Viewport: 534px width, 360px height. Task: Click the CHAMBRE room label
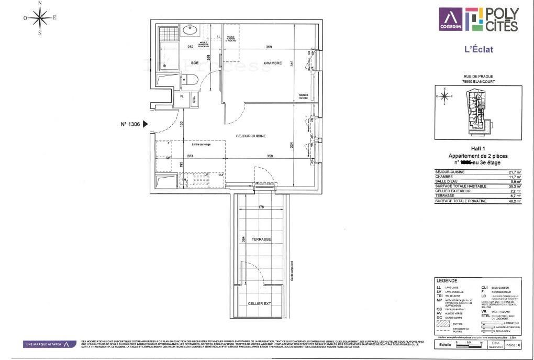272,63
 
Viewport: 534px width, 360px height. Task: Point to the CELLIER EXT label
260,304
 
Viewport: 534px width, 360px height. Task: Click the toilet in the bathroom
190,80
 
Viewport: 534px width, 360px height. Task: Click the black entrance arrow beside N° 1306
146,125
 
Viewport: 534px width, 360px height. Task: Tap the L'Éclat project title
479,50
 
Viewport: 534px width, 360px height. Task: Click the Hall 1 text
478,149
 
